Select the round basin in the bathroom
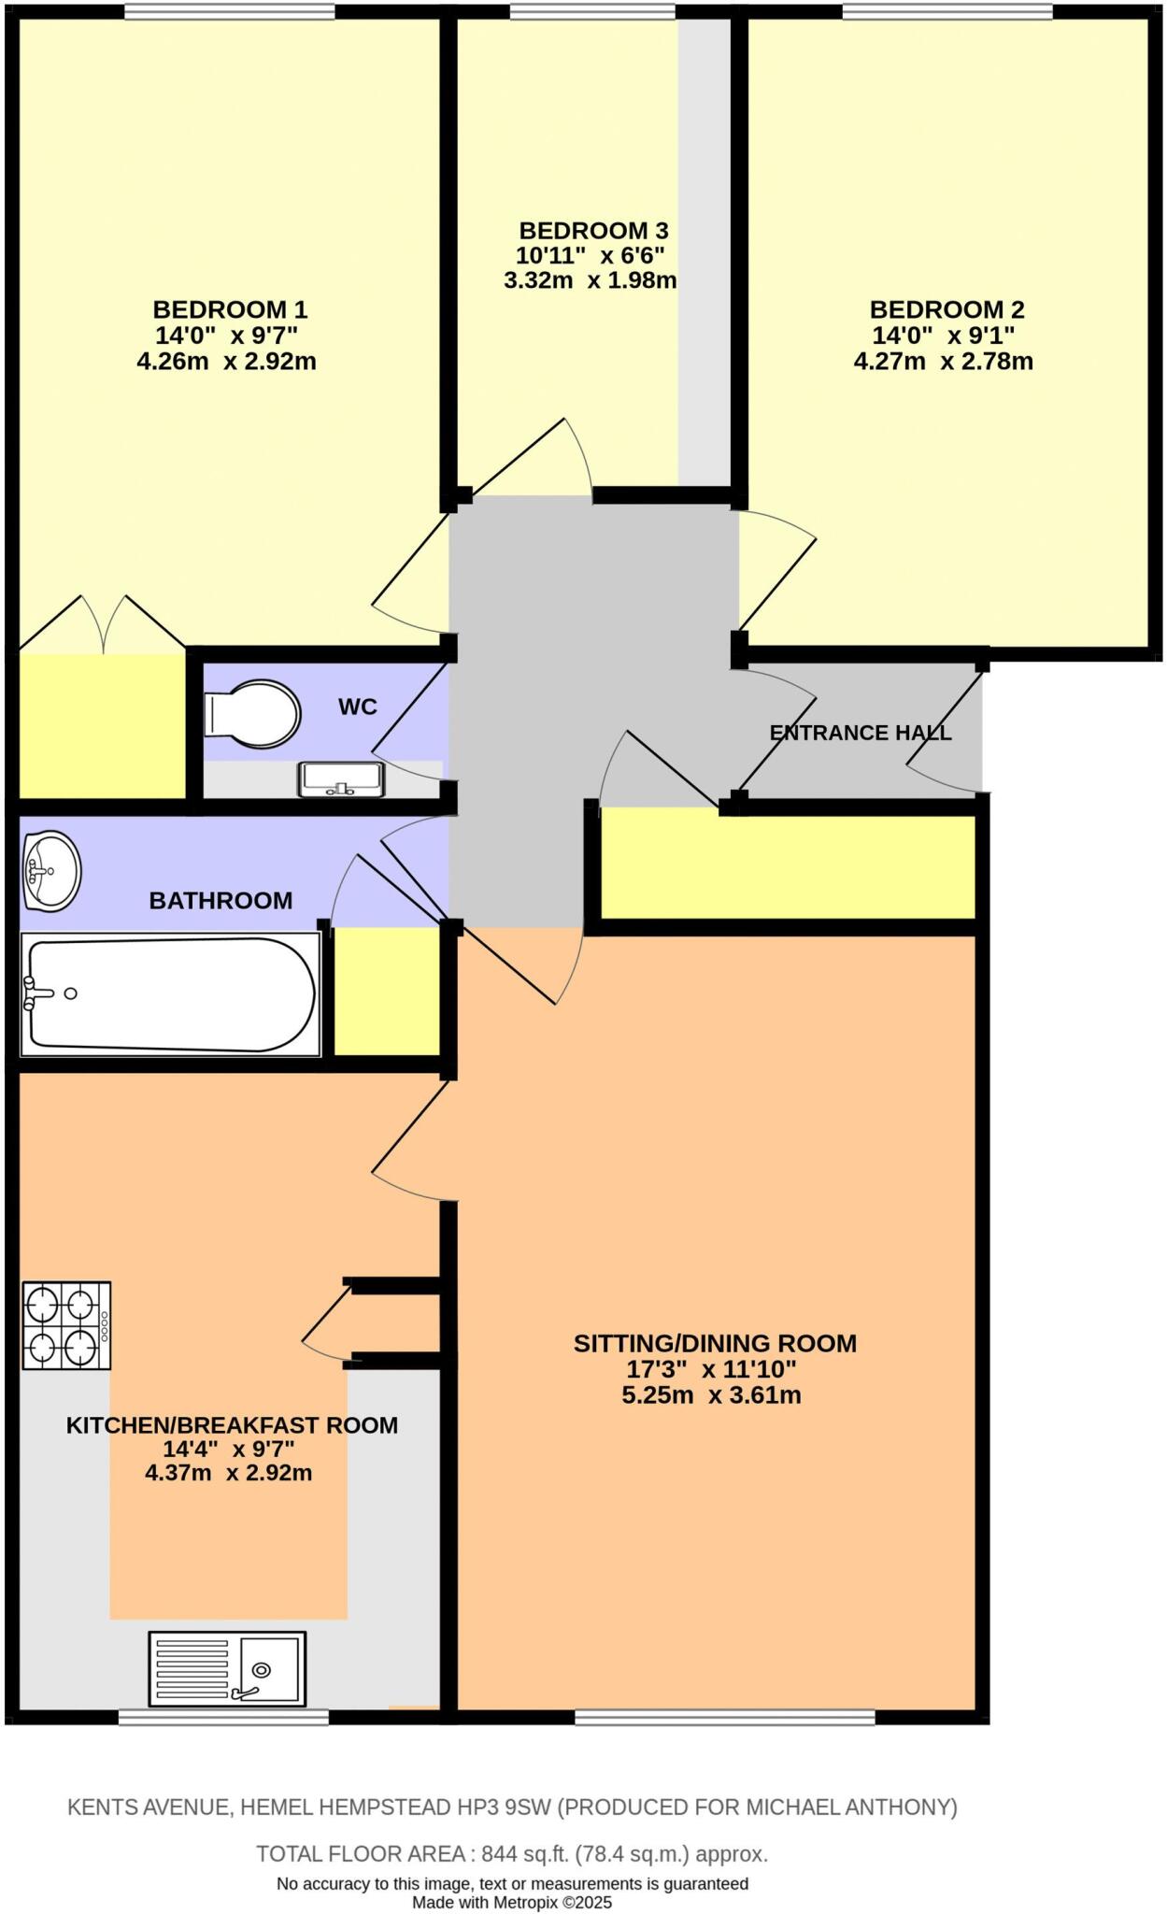click(x=51, y=871)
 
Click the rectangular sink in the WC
click(x=341, y=778)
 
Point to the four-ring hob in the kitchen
click(x=66, y=1325)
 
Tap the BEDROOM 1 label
click(x=230, y=309)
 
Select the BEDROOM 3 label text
click(x=593, y=230)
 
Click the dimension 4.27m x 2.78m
click(x=943, y=362)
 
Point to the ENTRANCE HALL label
click(x=860, y=733)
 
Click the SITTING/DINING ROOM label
click(x=715, y=1344)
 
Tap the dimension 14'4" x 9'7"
click(x=229, y=1450)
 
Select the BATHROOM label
click(x=221, y=901)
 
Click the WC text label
click(x=357, y=707)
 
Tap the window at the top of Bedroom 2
click(x=946, y=11)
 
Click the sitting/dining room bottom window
click(x=724, y=1716)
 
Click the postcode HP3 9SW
click(x=516, y=1807)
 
